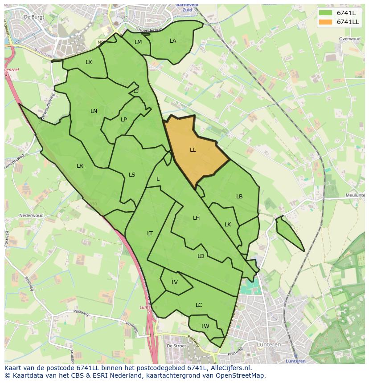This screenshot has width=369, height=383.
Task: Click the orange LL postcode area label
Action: [193, 150]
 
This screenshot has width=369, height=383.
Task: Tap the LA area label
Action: [173, 41]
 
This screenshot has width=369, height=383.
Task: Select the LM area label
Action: [138, 42]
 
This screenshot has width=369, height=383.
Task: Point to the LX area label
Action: [89, 62]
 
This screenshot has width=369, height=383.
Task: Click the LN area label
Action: [94, 111]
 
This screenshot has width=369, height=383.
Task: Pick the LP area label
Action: [123, 119]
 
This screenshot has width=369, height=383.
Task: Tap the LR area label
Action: [80, 166]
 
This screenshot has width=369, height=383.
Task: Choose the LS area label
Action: [132, 175]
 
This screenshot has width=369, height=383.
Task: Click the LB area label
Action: [239, 197]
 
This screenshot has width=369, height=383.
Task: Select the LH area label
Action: [196, 218]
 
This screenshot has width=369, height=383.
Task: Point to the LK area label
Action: [228, 225]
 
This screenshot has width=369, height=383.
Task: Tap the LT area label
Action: [150, 234]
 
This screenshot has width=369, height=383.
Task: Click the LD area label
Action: [201, 256]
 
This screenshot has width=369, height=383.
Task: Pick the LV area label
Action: [175, 282]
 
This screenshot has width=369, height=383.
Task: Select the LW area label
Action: [205, 327]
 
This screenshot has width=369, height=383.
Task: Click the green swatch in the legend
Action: [325, 13]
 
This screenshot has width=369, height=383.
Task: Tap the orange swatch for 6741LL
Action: [325, 22]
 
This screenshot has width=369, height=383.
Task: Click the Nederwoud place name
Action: [32, 216]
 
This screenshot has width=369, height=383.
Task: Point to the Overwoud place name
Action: [349, 39]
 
